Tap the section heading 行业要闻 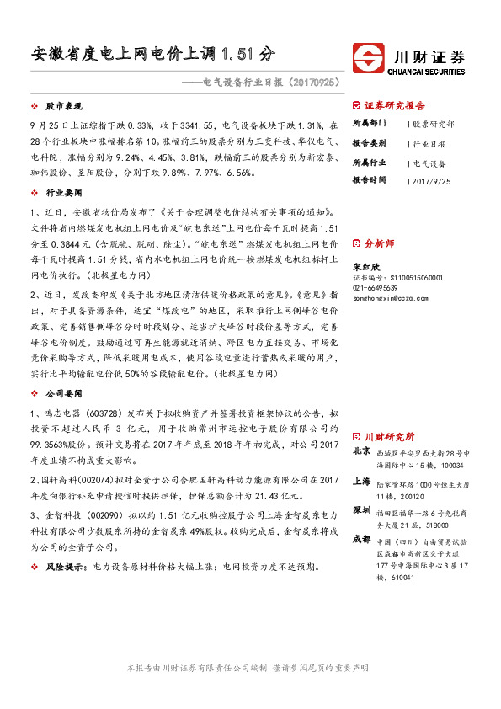tap(61, 193)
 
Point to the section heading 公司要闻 tap(61, 393)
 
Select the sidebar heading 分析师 tap(378, 243)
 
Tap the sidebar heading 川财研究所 tap(388, 438)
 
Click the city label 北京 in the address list tap(361, 452)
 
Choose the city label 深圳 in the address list tap(361, 510)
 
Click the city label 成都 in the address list tap(361, 538)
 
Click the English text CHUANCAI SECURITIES tap(429, 72)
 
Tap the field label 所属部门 tap(369, 124)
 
